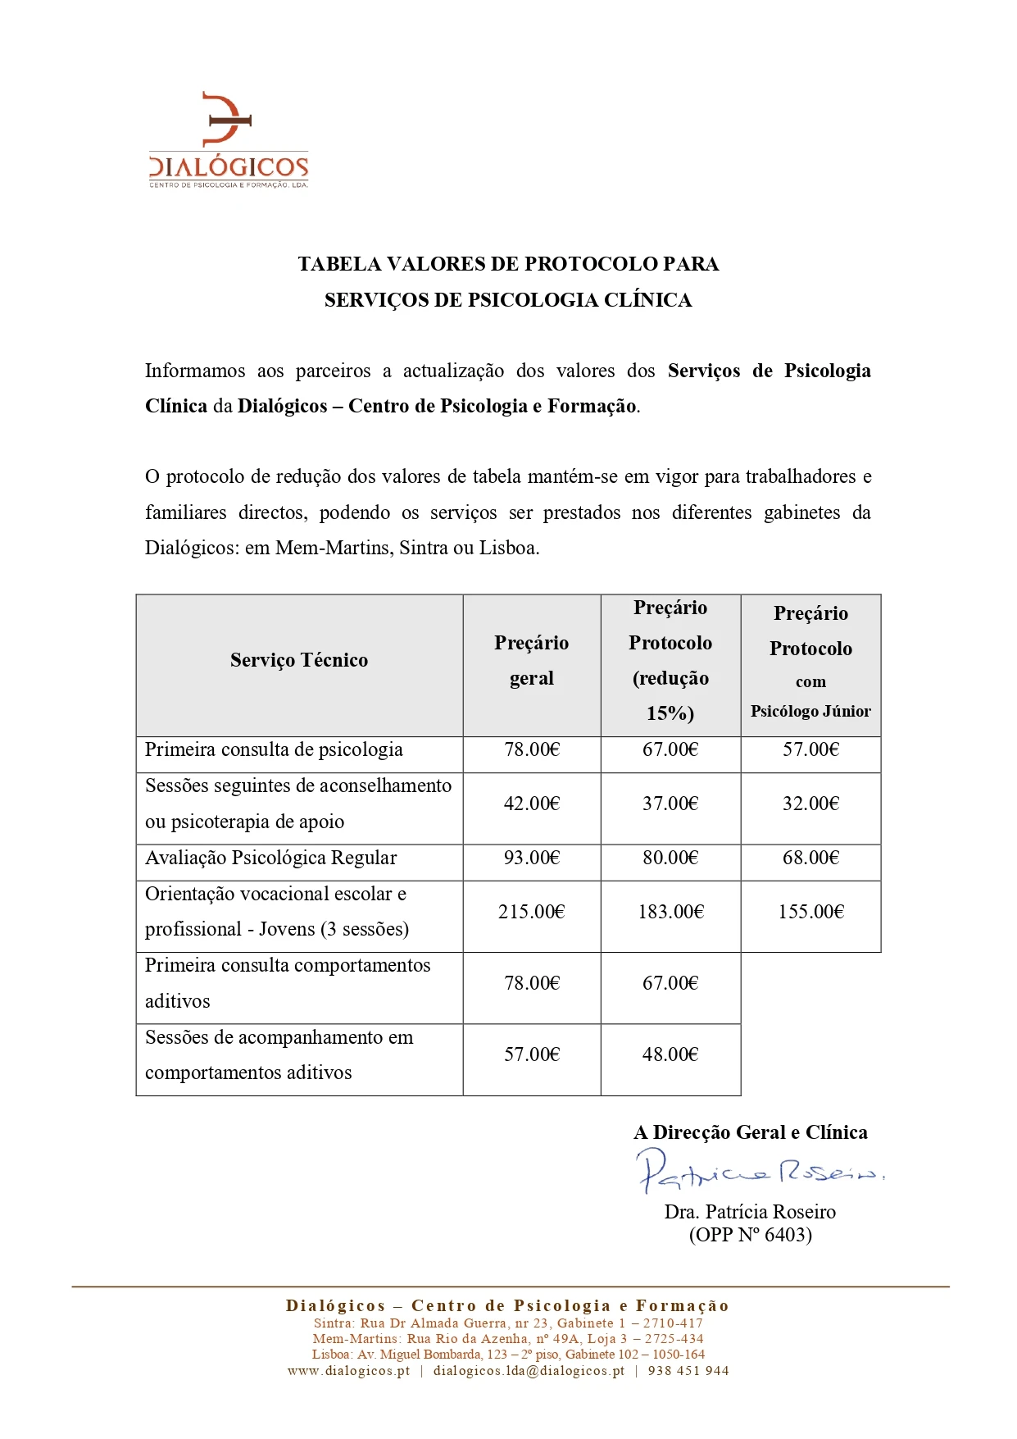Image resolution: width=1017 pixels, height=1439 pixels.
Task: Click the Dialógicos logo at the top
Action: [228, 140]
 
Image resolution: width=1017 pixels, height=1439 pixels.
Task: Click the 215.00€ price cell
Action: [531, 912]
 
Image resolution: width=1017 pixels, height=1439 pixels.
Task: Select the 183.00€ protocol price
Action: [670, 912]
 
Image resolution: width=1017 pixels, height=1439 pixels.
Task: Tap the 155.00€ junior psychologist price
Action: [810, 912]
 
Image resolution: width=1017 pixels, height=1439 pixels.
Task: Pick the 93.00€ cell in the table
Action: [531, 858]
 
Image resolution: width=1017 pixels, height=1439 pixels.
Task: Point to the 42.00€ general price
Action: [531, 804]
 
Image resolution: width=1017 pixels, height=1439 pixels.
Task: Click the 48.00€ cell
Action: [670, 1054]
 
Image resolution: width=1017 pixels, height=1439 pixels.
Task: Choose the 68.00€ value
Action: [810, 858]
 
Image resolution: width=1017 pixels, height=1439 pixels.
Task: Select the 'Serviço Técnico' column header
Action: [299, 660]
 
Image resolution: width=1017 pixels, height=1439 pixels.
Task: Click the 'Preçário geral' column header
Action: [531, 660]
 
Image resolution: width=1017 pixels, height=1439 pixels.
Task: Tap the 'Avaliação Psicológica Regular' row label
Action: [270, 858]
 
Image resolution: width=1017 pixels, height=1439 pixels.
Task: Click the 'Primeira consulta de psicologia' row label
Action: [274, 749]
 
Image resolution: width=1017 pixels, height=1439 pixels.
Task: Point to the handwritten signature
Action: [758, 1171]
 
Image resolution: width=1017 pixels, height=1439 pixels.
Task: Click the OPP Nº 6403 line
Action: [750, 1235]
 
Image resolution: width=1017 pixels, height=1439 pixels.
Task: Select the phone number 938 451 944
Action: [688, 1371]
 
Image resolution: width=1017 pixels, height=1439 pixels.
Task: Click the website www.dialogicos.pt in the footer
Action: [348, 1371]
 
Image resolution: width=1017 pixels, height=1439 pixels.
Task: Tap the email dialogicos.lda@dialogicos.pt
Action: [529, 1371]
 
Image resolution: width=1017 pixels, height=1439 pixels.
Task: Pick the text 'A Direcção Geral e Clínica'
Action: [750, 1132]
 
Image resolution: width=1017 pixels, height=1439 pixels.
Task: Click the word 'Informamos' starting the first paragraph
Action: [194, 371]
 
